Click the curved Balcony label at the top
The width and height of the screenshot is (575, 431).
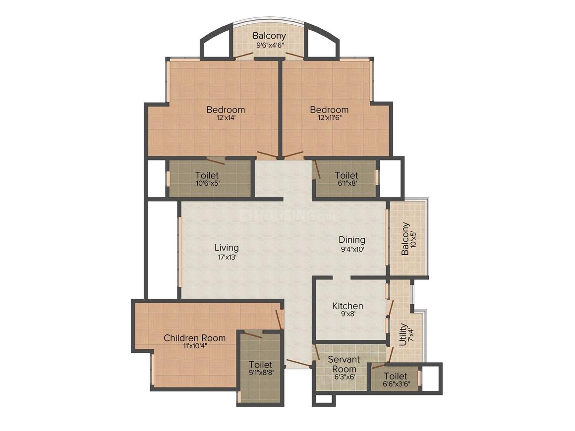(x=269, y=36)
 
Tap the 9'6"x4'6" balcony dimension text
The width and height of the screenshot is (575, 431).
(x=269, y=45)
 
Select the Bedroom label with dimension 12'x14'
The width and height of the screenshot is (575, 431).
(x=226, y=109)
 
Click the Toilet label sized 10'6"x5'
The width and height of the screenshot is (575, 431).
(x=207, y=175)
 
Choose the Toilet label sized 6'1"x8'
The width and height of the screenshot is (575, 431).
(x=346, y=175)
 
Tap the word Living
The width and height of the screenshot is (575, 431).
(x=227, y=247)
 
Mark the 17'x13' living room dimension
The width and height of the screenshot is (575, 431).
(x=227, y=257)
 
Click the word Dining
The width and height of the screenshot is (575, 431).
(x=352, y=240)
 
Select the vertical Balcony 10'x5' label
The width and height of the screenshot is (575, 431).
(x=406, y=238)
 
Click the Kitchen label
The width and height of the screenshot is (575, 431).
(x=347, y=306)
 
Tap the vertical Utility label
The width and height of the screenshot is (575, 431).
(x=403, y=334)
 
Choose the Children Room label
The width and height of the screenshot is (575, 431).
(x=194, y=338)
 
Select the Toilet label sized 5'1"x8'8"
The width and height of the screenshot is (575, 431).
(x=260, y=365)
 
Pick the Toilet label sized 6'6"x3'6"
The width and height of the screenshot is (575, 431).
(x=395, y=376)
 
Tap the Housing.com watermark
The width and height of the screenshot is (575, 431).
(x=287, y=215)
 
